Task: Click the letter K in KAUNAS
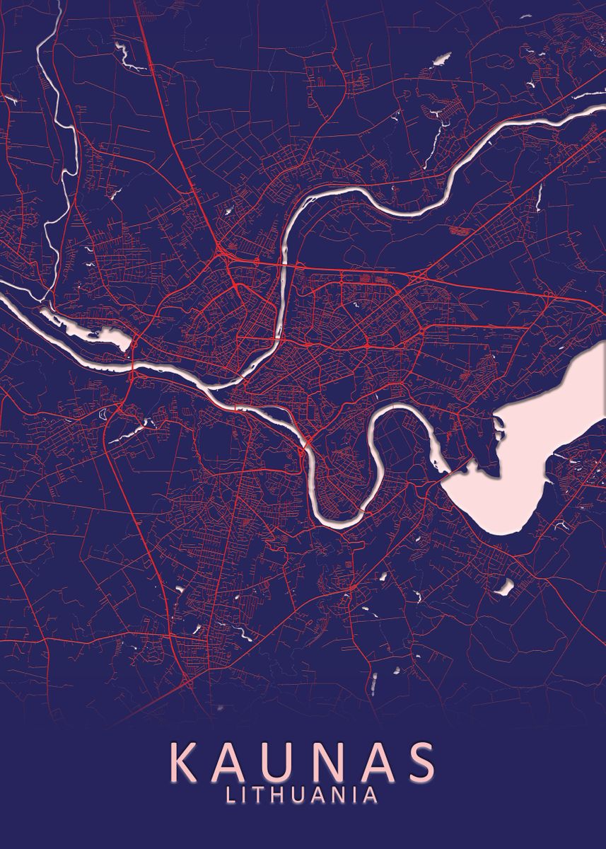(186, 761)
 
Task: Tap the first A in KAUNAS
(236, 761)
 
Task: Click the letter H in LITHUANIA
(279, 795)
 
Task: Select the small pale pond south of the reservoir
(505, 587)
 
